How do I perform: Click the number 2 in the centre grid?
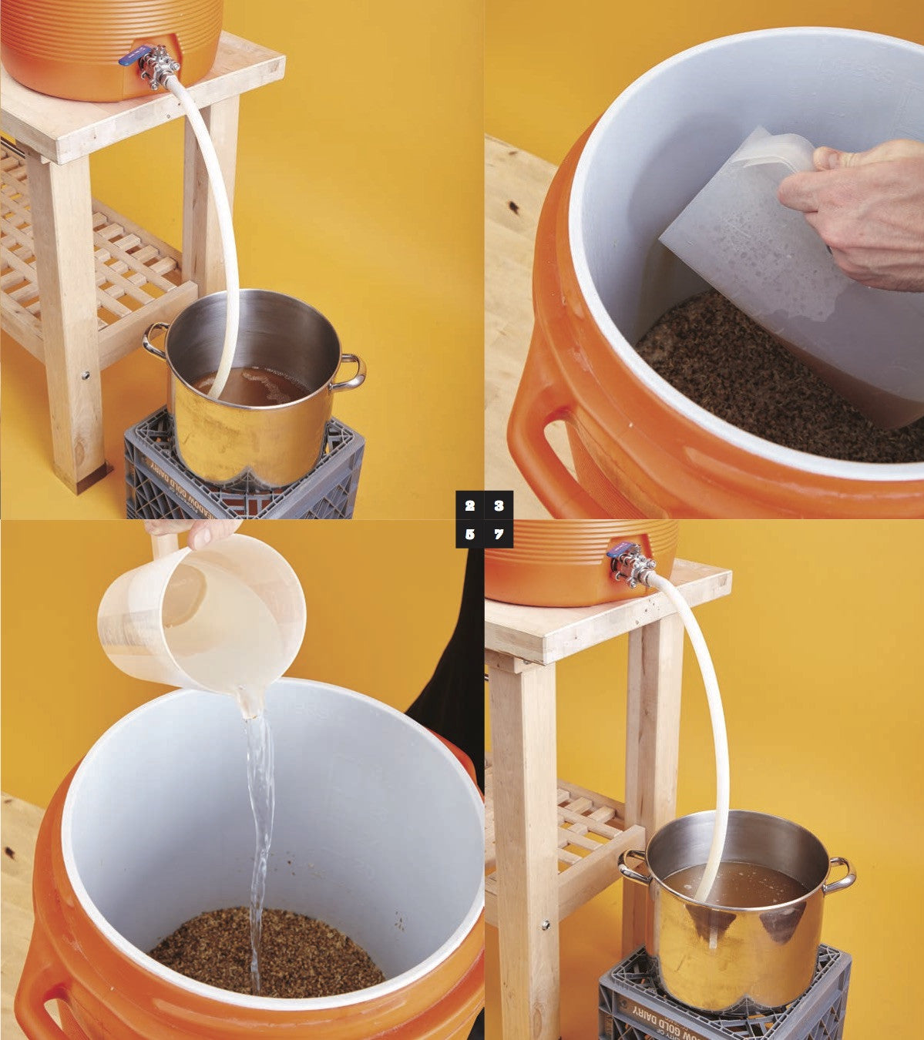pos(470,506)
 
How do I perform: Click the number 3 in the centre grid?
pos(499,506)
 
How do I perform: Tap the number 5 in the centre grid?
pos(470,534)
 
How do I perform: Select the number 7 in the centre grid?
pos(499,534)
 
